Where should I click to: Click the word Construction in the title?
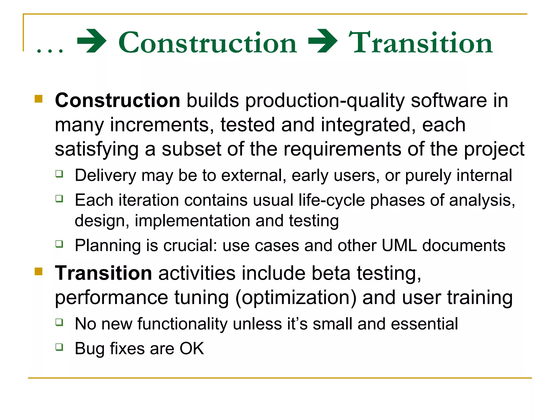(x=208, y=43)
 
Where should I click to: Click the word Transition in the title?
(x=421, y=43)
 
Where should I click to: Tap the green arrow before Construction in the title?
(x=92, y=41)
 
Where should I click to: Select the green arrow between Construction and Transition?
(x=323, y=41)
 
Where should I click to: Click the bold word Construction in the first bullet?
(x=118, y=100)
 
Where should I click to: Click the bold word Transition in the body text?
(x=103, y=273)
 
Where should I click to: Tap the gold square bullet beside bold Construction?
(x=39, y=99)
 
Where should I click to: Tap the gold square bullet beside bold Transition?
(x=39, y=272)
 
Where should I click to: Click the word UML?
(x=399, y=245)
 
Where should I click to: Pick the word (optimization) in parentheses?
(x=296, y=298)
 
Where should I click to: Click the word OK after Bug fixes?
(x=191, y=349)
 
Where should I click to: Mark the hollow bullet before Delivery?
(x=59, y=174)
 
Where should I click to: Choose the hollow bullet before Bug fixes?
(x=59, y=347)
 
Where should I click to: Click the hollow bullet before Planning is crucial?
(x=59, y=244)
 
